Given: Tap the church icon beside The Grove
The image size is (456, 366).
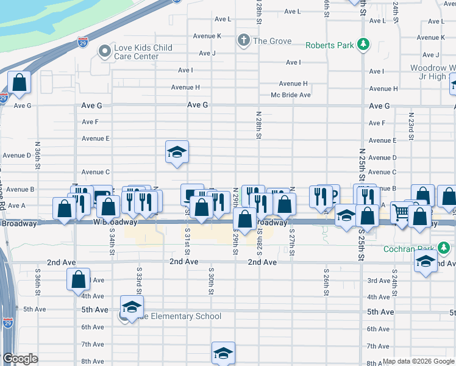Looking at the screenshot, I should (x=244, y=41).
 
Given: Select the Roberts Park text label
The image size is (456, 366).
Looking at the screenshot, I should (x=330, y=45).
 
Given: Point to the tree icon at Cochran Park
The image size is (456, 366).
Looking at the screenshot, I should (x=445, y=249).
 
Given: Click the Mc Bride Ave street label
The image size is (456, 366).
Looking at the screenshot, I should (x=291, y=95).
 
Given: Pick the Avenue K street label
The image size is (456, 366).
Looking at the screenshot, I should (x=207, y=36).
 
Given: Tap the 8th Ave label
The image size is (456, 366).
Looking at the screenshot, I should (x=93, y=361).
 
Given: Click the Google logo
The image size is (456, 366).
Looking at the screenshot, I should (x=20, y=359).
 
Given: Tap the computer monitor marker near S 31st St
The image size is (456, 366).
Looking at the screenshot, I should (x=193, y=194).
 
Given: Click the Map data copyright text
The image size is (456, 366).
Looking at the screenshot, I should (x=418, y=362).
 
